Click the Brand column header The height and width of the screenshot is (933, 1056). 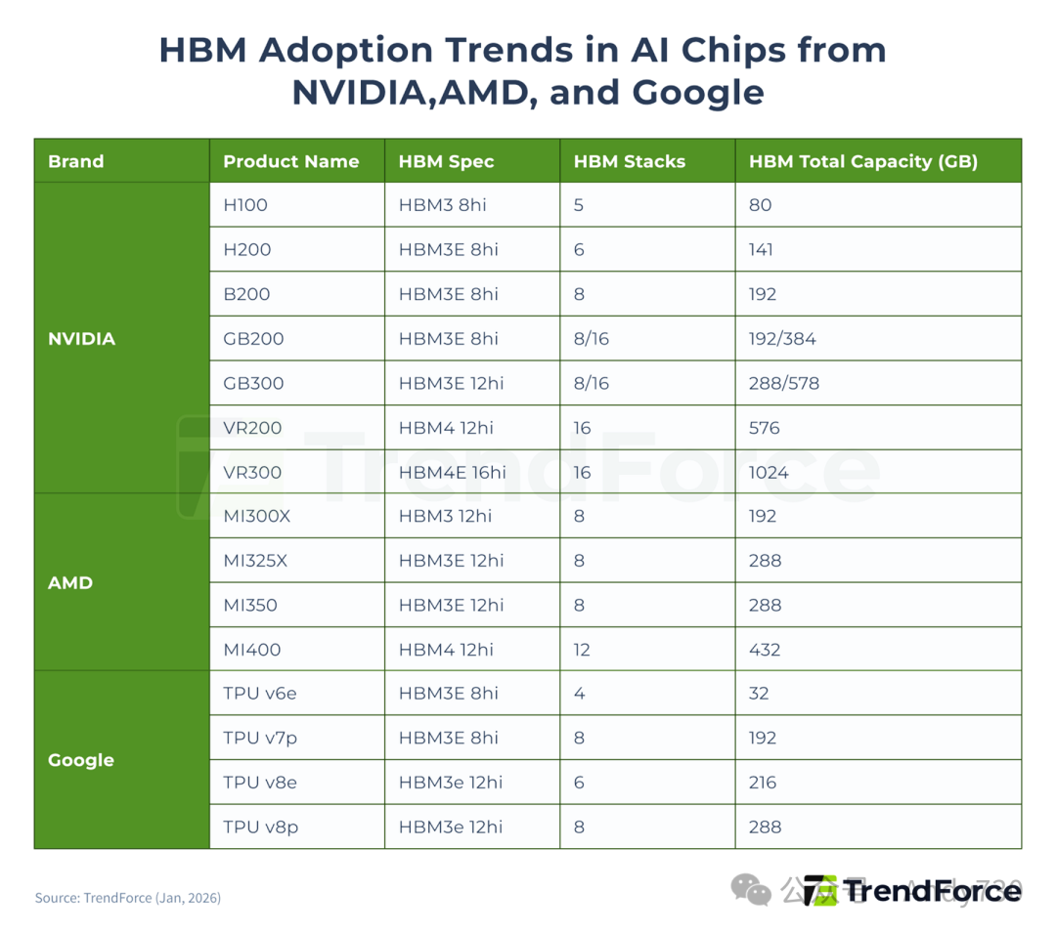click(75, 161)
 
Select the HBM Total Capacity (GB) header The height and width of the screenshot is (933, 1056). click(862, 161)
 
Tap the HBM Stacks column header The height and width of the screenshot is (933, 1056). click(629, 161)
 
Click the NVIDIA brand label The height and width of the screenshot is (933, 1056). click(81, 339)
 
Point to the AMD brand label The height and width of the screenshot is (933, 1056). click(70, 583)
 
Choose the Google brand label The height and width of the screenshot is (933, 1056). click(80, 760)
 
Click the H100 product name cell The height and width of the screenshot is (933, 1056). click(245, 205)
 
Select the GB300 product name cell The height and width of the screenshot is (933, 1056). click(253, 383)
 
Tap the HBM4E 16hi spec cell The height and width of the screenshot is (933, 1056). click(452, 472)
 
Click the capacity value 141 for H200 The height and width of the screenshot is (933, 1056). click(761, 249)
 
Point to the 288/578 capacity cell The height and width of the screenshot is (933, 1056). click(783, 383)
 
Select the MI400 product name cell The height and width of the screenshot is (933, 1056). click(250, 650)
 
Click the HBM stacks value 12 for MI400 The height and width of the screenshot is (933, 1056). click(583, 650)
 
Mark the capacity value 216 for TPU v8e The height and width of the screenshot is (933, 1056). click(763, 783)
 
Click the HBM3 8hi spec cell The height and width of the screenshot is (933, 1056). click(443, 205)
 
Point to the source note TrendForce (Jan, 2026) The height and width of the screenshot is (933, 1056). click(128, 897)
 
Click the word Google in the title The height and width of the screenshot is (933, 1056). click(697, 92)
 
